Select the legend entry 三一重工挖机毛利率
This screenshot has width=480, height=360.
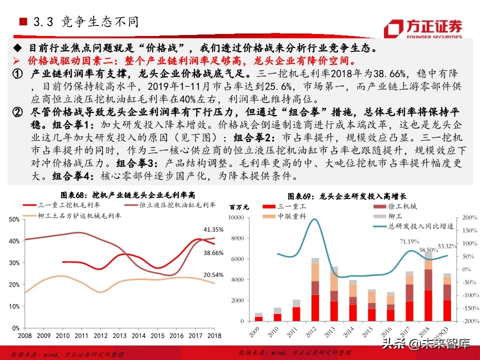(69, 205)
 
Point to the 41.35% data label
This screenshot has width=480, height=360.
(213, 229)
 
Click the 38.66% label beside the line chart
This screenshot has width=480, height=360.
(213, 253)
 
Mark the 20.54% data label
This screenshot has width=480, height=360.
(213, 275)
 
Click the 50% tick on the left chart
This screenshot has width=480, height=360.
(14, 219)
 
